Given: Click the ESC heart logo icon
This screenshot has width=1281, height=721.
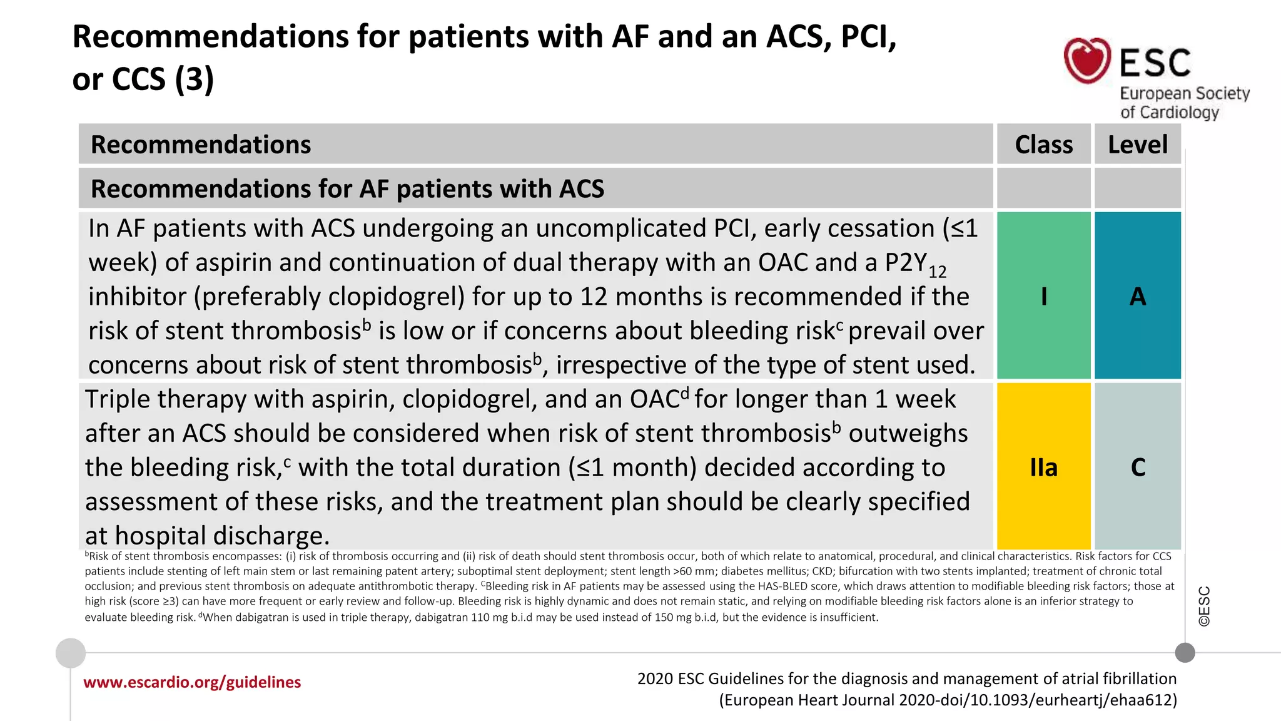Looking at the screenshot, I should [x=1087, y=60].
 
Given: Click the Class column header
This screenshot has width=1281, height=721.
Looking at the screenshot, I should [x=1043, y=145].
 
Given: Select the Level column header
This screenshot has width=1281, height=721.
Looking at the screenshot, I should [x=1137, y=145].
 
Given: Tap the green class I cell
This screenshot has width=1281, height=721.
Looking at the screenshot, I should [x=1043, y=295].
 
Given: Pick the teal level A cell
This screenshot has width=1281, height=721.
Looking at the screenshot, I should [x=1137, y=295].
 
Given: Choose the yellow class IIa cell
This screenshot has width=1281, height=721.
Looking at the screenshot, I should [x=1043, y=467].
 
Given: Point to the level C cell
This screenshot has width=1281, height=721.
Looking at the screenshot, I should [x=1137, y=467].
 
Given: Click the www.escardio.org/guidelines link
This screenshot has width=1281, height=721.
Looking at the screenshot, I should [x=192, y=682].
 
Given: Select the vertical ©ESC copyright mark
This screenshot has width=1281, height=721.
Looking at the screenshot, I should [x=1204, y=606].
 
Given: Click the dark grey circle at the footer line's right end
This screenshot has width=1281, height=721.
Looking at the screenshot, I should [x=1185, y=653].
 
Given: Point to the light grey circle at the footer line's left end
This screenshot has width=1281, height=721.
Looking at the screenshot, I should [x=71, y=653].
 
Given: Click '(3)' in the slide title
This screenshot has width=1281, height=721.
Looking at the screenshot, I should [x=194, y=79].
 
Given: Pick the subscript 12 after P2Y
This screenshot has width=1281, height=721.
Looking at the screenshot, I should [x=937, y=272].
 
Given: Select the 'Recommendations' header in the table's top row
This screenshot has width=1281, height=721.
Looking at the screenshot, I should [x=201, y=145].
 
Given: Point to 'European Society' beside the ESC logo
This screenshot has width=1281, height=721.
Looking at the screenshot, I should [x=1184, y=94].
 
